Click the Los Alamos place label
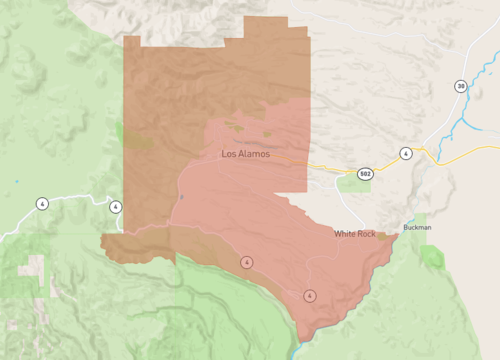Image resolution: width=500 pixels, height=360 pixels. click(x=245, y=154)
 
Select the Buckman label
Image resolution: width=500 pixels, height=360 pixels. click(x=417, y=227)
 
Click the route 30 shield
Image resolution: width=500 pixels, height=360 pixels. click(x=460, y=86)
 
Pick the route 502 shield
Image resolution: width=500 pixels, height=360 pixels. click(x=366, y=173)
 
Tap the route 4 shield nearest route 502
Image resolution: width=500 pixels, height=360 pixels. click(x=405, y=153)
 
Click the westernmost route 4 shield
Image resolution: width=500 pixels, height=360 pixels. click(x=42, y=203)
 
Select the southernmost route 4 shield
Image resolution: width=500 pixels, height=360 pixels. click(x=309, y=295)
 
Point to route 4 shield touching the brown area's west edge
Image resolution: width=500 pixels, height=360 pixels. click(x=116, y=206)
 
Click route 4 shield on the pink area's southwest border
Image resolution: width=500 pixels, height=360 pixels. click(x=245, y=262)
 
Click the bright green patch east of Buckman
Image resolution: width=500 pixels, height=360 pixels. click(x=433, y=258)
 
